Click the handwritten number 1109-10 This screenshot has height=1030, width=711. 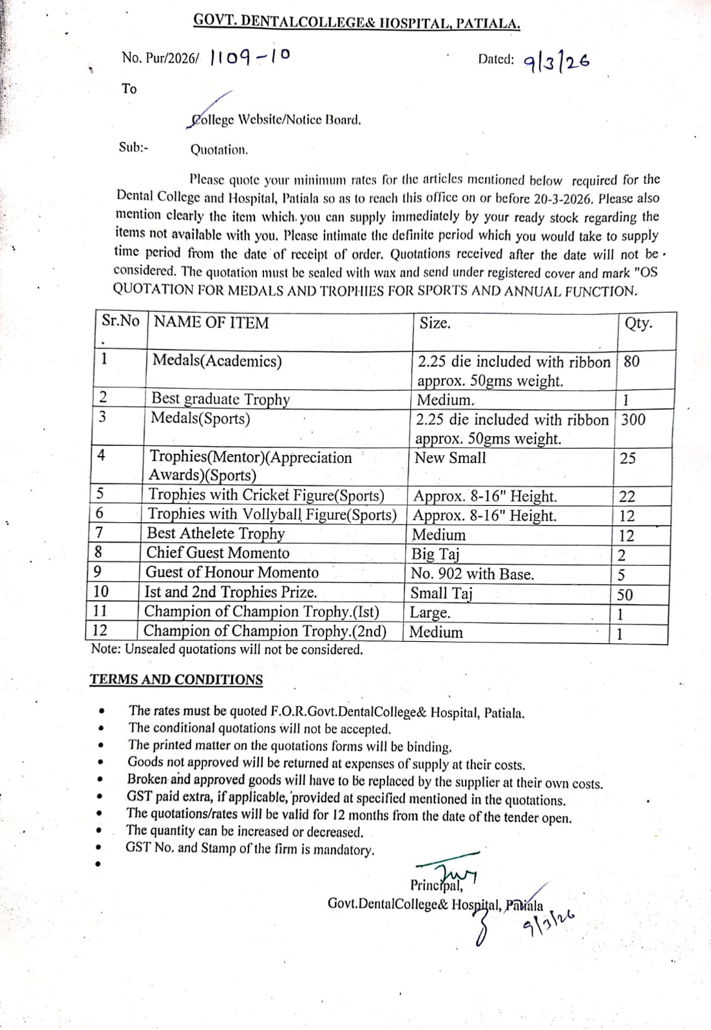[250, 59]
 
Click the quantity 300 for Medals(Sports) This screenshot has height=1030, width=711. [633, 420]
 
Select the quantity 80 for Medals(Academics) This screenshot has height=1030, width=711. [632, 361]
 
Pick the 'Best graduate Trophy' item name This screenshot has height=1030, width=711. [220, 399]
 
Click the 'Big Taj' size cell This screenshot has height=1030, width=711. [435, 554]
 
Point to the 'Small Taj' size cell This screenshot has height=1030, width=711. [441, 594]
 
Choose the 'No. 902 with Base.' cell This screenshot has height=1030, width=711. [472, 574]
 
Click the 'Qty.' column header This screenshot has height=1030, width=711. [638, 323]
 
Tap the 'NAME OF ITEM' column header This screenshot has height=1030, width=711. [211, 323]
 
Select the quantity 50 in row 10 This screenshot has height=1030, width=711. [625, 595]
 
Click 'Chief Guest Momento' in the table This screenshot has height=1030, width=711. [218, 553]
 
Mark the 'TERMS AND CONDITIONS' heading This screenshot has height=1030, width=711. [176, 680]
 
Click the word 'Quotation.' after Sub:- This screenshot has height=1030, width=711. [219, 150]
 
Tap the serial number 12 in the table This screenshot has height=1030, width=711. [100, 631]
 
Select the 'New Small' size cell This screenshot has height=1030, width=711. [450, 458]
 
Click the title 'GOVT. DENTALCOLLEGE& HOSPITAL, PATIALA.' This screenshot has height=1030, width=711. [357, 23]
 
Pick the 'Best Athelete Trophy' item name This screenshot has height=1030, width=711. [215, 534]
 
